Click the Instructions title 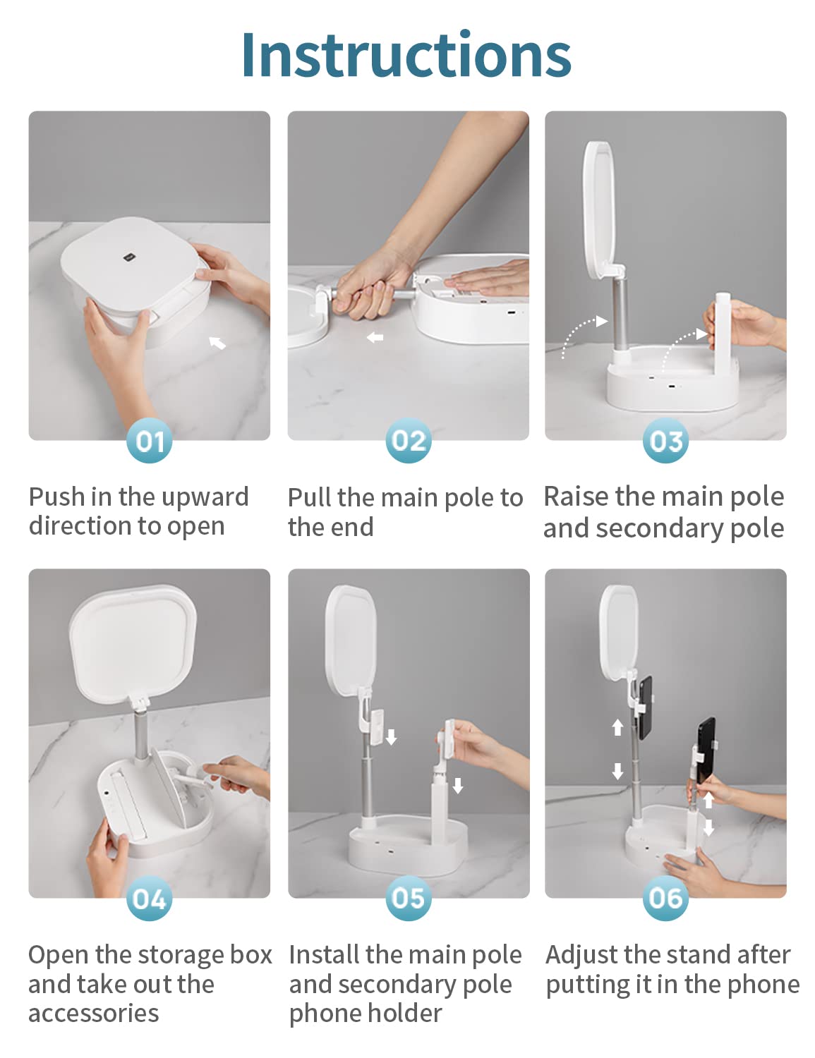point(406,54)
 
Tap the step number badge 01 point(149,440)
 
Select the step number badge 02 point(408,440)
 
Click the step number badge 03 point(665,440)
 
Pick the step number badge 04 point(149,898)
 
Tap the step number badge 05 point(408,898)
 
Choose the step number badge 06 point(665,898)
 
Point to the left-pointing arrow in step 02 point(375,337)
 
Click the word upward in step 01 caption point(205,497)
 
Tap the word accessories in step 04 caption point(93,1013)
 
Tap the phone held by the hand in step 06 point(706,750)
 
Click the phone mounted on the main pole point(645,707)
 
